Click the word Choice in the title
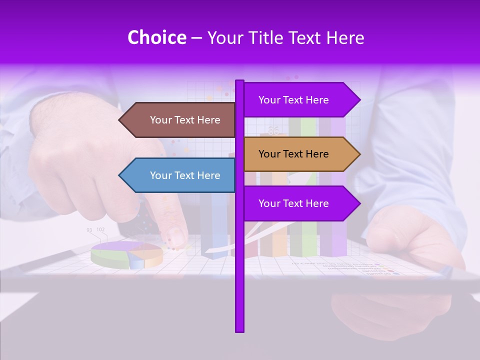(156, 38)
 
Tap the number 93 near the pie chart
(89, 230)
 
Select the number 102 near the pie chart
(100, 229)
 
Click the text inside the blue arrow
(185, 175)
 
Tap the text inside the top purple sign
(293, 100)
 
